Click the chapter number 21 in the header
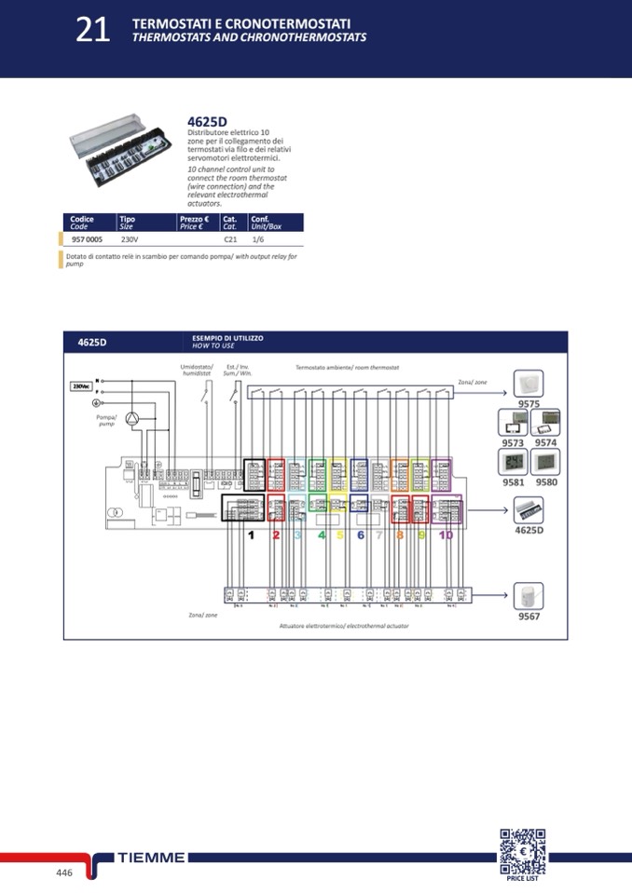92,31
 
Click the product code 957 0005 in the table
88,239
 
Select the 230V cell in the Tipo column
131,239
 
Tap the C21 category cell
230,239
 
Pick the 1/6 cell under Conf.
258,239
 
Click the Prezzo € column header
193,223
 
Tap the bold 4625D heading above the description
207,122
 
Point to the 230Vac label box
81,386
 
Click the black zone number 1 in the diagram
251,534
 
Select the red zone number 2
276,534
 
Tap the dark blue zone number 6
361,534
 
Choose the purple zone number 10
446,534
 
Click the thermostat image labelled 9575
529,383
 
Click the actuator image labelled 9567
529,596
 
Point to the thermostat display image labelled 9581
514,463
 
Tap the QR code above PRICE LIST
522,850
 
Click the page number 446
64,873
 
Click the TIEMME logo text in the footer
152,858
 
